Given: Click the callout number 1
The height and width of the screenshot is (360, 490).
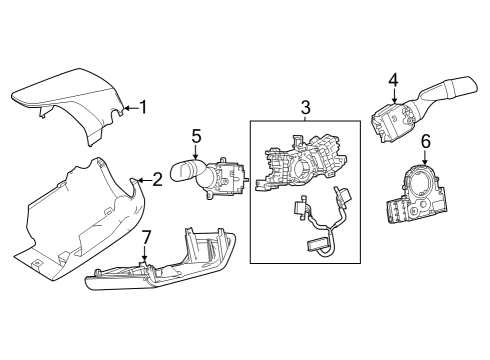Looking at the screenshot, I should point(145,107).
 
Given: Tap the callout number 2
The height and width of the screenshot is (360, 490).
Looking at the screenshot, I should point(157,181).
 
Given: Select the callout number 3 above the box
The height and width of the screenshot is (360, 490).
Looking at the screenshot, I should point(305,106).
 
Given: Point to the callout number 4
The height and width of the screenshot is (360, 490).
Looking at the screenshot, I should point(394,80).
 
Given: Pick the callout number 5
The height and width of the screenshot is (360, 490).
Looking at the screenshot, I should point(197,135).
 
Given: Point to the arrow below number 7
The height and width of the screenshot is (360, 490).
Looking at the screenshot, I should point(145,255).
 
